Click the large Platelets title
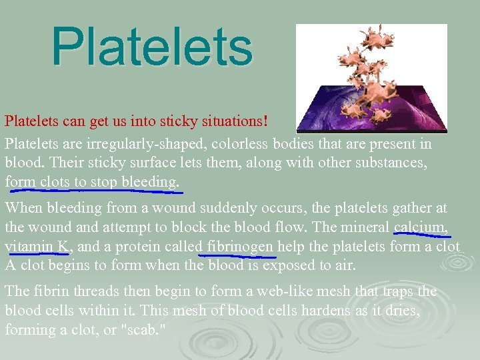[x=152, y=47]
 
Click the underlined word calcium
[x=421, y=227]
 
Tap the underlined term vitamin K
[x=37, y=246]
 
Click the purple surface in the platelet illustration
[x=400, y=113]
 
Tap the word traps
[x=398, y=292]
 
